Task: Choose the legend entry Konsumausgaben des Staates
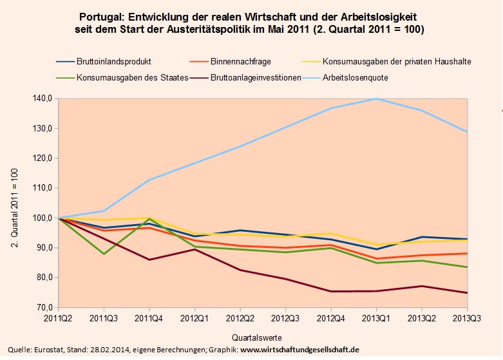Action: [132, 78]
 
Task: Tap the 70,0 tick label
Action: [44, 308]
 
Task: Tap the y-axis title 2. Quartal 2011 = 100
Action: [14, 204]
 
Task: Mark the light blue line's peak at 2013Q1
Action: [375, 99]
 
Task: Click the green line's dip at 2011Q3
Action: [104, 254]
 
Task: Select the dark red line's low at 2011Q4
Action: [149, 260]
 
